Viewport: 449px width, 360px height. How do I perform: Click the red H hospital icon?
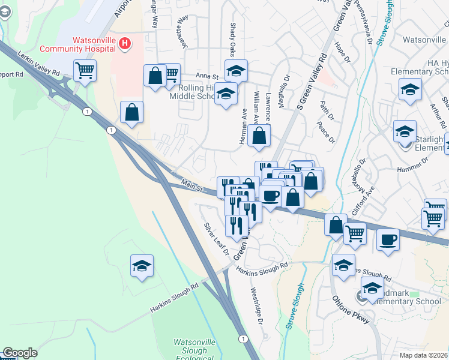point(125,43)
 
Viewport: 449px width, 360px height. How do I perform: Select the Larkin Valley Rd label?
point(40,63)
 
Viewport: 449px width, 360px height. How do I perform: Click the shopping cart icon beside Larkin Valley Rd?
point(85,70)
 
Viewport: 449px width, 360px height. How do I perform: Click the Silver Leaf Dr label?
point(217,238)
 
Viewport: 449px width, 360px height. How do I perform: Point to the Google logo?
point(20,353)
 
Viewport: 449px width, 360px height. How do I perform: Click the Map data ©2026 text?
point(423,355)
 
